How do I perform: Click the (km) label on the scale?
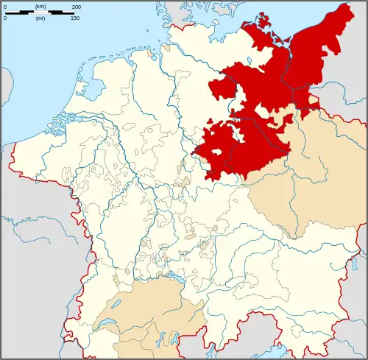pyautogui.click(x=40, y=6)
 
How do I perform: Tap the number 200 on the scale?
pyautogui.click(x=77, y=6)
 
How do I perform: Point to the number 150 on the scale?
pyautogui.click(x=75, y=18)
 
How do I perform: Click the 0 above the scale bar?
pyautogui.click(x=4, y=6)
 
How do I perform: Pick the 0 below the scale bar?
pyautogui.click(x=4, y=18)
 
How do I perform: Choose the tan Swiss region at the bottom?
pyautogui.click(x=140, y=317)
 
